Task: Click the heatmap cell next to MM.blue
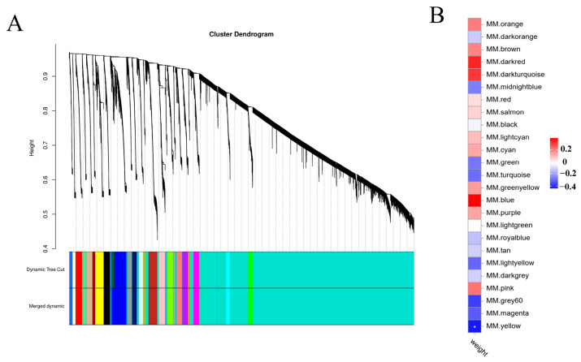pos(475,200)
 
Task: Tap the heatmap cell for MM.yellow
pos(475,325)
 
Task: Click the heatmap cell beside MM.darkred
pos(475,62)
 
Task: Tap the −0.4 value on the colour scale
pos(567,184)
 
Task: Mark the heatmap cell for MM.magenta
pos(475,312)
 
